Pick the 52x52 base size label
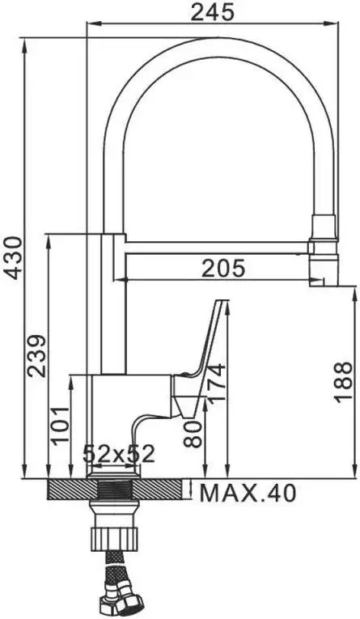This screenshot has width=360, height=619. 119,454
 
